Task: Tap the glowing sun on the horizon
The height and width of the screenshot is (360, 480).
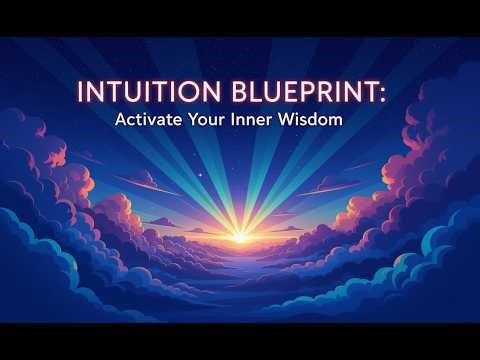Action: point(240,237)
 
